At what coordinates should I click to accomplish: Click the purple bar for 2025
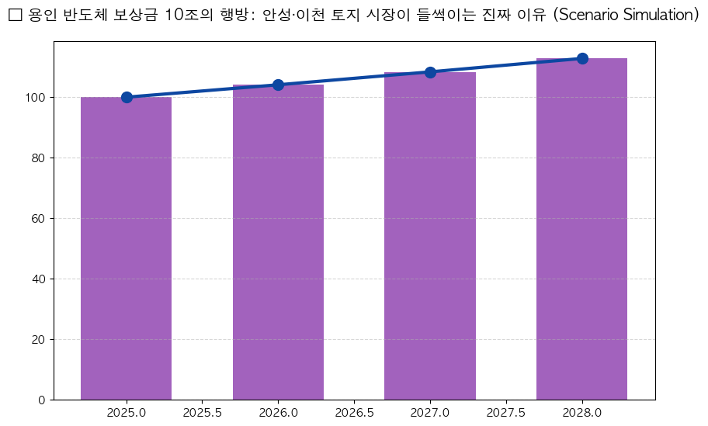[126, 248]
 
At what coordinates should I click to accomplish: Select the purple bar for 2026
[278, 242]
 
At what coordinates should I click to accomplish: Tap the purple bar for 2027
[430, 236]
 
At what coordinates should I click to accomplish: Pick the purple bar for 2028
[581, 229]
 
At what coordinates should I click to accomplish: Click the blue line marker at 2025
[127, 97]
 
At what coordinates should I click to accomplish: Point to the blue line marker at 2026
[278, 85]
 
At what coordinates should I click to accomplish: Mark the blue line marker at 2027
[430, 72]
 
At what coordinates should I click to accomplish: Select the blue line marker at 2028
[582, 58]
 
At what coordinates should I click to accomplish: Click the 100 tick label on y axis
[35, 98]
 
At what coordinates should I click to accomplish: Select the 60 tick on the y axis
[38, 219]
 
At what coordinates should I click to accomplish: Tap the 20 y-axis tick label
[38, 340]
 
